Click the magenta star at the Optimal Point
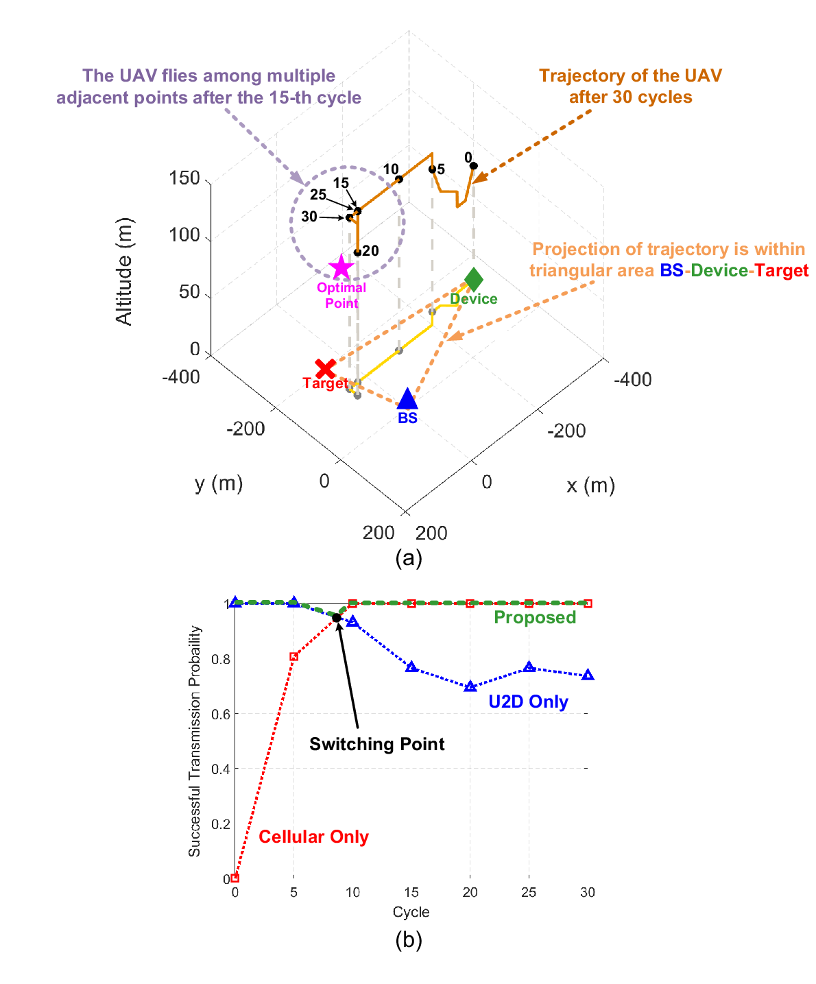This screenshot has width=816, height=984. [341, 267]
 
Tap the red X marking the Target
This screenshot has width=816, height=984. [326, 368]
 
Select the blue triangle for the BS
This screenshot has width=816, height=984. [407, 398]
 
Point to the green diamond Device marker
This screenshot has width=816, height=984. [474, 279]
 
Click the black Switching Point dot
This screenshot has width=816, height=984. [337, 617]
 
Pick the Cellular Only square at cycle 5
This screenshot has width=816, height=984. [293, 656]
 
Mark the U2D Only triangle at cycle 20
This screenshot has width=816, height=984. [470, 686]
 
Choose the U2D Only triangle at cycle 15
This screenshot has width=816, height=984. [411, 667]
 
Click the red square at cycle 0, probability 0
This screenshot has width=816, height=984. [235, 878]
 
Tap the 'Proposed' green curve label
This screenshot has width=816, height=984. [535, 617]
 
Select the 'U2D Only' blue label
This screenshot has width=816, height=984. [528, 701]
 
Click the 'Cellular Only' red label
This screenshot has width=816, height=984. [313, 837]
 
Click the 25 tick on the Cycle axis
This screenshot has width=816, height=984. [529, 892]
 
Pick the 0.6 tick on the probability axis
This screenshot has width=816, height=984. [221, 714]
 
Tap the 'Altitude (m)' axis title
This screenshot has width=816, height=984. [124, 272]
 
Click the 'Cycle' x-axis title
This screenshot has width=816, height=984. [411, 912]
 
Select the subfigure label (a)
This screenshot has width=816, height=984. [409, 558]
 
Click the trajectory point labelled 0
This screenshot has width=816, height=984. [474, 166]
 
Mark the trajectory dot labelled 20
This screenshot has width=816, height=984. [358, 252]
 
